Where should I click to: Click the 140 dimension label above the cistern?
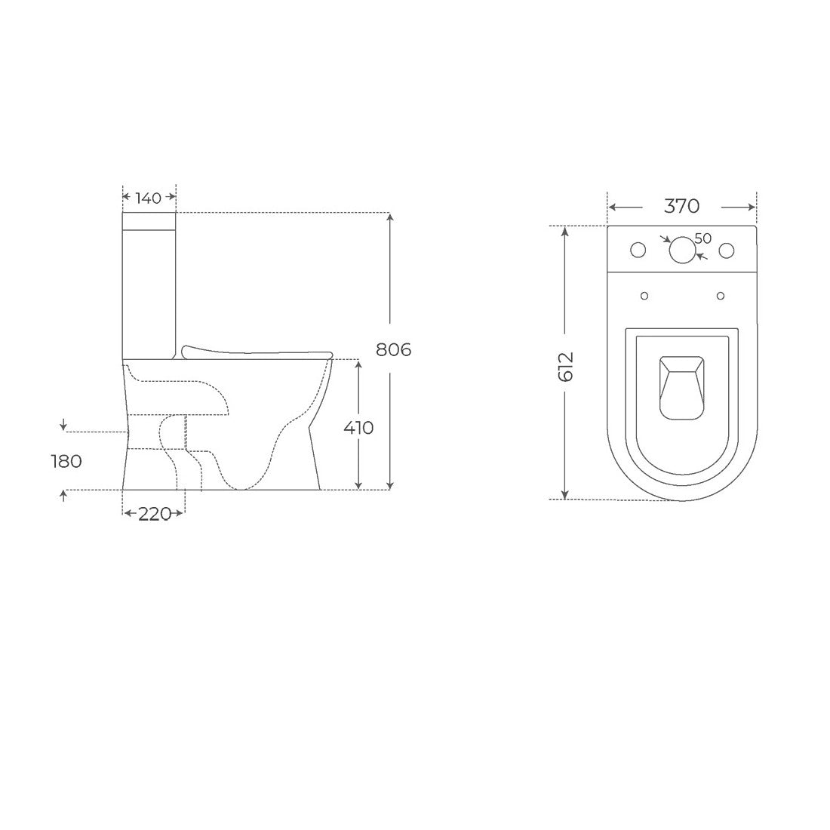click(x=149, y=198)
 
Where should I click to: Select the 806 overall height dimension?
click(x=393, y=349)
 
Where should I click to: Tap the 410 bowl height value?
click(x=358, y=427)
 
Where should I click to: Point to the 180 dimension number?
click(x=66, y=461)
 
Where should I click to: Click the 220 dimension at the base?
click(x=153, y=514)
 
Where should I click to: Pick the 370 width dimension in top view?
click(x=681, y=206)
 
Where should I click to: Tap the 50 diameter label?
click(x=702, y=238)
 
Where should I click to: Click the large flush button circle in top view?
click(x=682, y=250)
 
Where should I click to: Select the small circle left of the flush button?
click(x=638, y=250)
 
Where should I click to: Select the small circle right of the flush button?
click(x=727, y=250)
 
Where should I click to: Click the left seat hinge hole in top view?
click(x=644, y=295)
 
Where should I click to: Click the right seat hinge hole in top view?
click(x=721, y=295)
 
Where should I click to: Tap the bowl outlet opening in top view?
click(x=681, y=386)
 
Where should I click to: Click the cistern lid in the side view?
click(x=149, y=220)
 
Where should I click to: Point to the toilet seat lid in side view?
click(x=257, y=351)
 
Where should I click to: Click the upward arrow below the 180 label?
click(x=63, y=494)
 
